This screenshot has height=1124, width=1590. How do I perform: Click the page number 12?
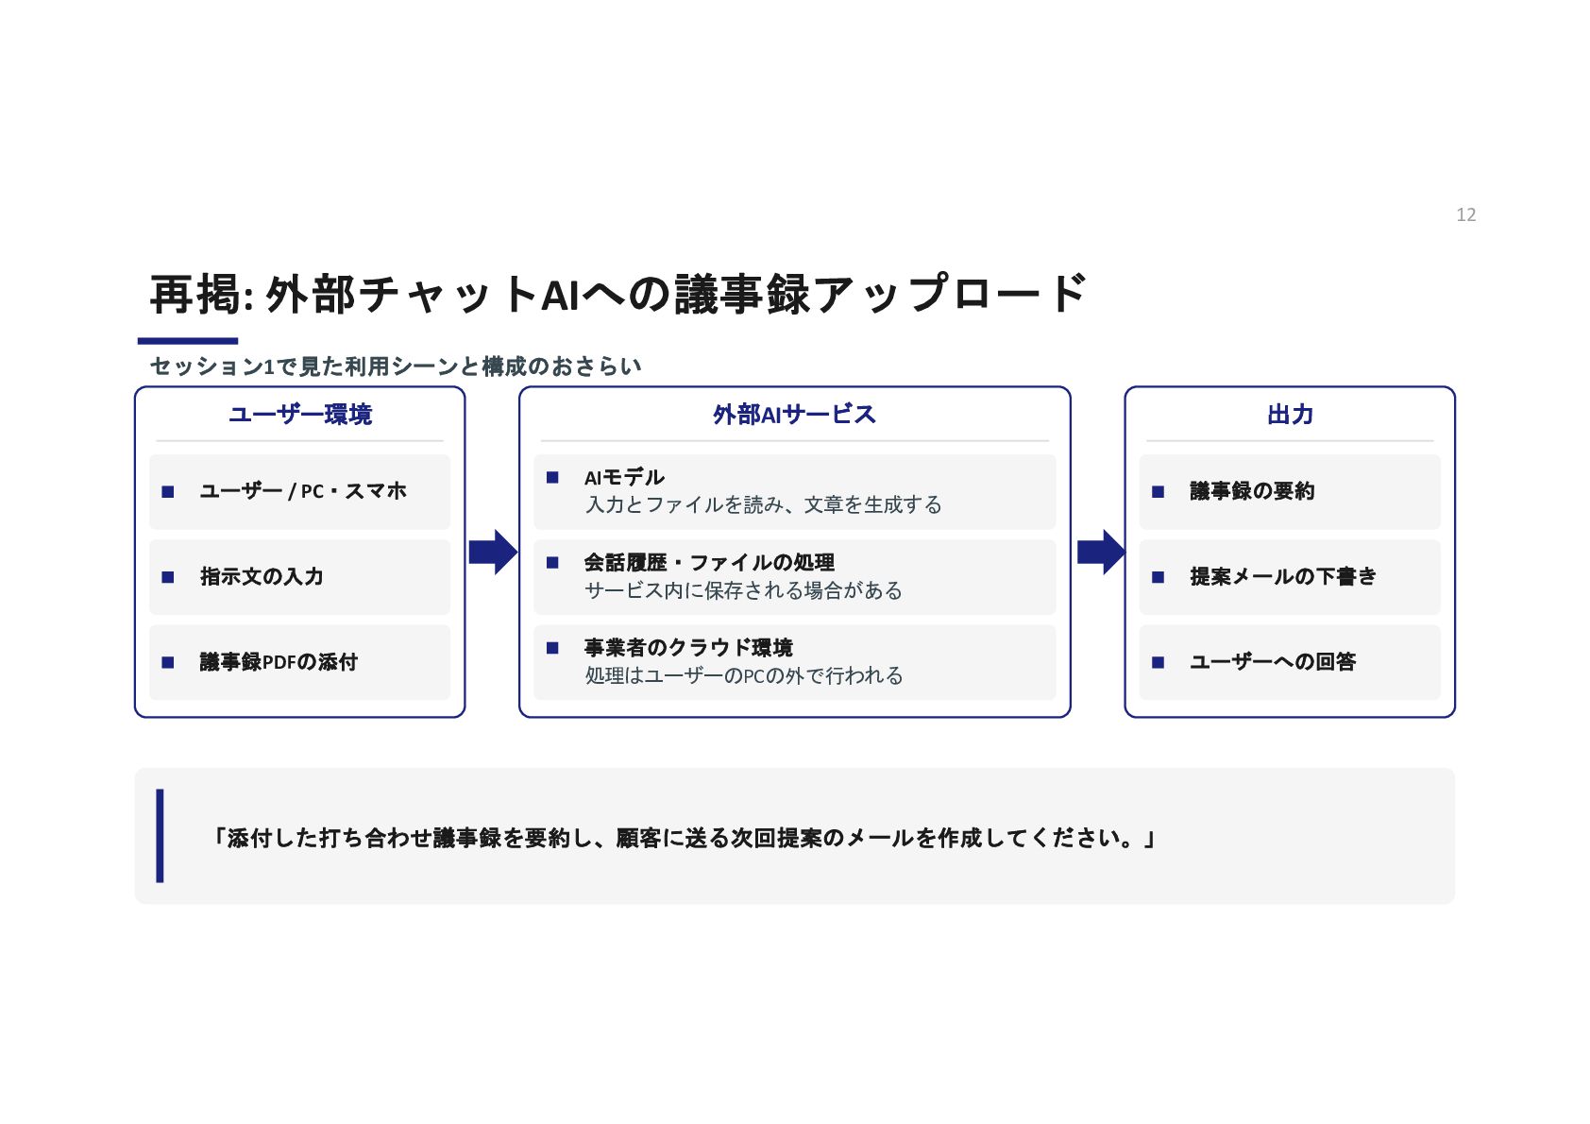tap(1465, 214)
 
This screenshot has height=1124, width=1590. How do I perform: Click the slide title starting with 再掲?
tap(617, 293)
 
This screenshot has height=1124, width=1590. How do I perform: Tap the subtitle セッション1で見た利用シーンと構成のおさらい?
tap(396, 366)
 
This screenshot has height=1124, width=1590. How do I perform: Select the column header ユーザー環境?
tap(300, 414)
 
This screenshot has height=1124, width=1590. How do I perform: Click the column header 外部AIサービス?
tap(794, 414)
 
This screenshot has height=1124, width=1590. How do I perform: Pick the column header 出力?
tap(1290, 414)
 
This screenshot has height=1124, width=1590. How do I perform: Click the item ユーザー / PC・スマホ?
tap(303, 491)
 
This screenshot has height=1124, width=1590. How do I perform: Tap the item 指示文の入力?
tap(262, 576)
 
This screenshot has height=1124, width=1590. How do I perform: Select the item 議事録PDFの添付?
tap(279, 662)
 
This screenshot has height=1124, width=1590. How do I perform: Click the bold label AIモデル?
tap(624, 477)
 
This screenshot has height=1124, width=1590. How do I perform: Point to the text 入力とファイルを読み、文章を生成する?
tap(763, 504)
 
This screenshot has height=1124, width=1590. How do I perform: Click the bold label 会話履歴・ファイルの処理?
tap(709, 562)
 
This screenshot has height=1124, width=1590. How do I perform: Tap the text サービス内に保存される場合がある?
tap(743, 590)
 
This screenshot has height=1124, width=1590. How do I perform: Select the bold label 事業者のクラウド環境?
tap(688, 648)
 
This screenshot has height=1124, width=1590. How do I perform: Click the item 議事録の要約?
tap(1252, 491)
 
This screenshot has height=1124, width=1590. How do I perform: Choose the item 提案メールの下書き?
tap(1283, 576)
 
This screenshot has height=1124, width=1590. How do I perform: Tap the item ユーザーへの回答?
tap(1273, 662)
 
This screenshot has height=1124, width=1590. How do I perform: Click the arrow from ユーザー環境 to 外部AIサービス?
tap(493, 552)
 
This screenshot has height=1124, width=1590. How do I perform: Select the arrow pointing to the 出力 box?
tap(1101, 552)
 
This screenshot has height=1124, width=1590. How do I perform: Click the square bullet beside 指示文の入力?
tap(167, 577)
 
